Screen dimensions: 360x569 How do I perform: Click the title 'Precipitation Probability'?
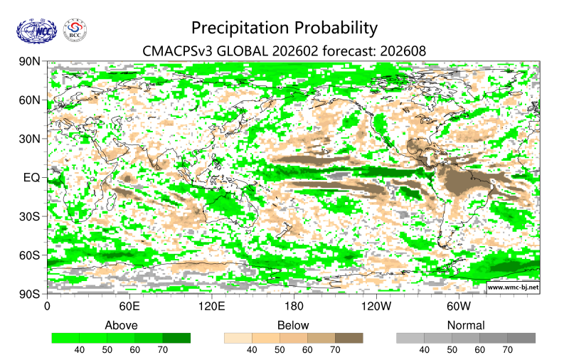284,28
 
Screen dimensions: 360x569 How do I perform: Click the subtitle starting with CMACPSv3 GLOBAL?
284,51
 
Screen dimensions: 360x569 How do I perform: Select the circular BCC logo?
75,31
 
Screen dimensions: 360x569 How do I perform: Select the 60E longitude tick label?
129,307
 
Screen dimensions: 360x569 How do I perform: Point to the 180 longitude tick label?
294,307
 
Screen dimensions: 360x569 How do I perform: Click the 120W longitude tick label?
376,307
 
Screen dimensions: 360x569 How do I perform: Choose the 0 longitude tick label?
48,307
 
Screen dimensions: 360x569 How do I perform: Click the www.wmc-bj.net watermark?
512,287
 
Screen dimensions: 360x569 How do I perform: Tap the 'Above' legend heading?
121,325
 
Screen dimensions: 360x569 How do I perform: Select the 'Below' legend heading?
293,325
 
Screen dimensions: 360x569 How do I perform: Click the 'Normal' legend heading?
465,325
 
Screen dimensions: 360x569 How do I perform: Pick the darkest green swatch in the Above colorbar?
176,338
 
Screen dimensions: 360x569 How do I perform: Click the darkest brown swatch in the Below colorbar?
349,338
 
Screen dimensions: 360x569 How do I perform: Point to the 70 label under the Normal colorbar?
507,350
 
